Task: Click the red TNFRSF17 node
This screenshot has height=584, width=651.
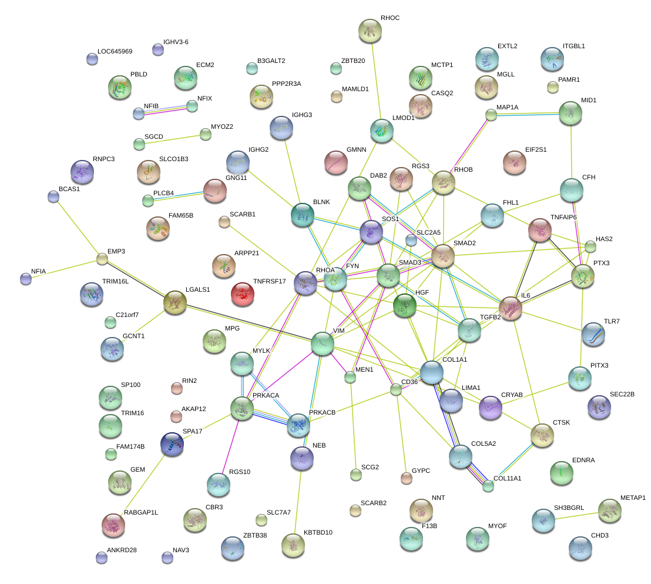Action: coord(243,293)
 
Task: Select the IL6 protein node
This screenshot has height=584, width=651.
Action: coord(510,308)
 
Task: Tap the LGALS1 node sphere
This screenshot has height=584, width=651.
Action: coord(174,302)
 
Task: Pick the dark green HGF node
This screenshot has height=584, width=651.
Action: coord(405,305)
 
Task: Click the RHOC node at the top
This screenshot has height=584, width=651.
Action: coord(370,30)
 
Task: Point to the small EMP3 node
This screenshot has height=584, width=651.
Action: coord(102,258)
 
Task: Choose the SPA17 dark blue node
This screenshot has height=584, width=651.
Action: coord(172,444)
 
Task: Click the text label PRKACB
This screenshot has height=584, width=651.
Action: coord(322,412)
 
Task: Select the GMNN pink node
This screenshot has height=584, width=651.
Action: coord(336,162)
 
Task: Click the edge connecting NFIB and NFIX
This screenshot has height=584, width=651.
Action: coord(165,110)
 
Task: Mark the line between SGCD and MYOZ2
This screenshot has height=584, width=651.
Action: coord(172,139)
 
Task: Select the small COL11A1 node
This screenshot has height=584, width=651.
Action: coord(488,485)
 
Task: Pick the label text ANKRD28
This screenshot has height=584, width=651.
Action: coord(122,550)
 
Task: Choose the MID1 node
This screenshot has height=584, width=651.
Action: coord(570,112)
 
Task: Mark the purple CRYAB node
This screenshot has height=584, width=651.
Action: coord(491,407)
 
